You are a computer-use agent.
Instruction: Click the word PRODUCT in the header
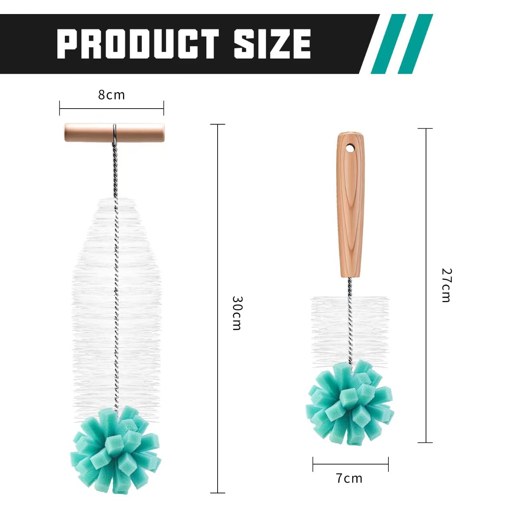coord(137,44)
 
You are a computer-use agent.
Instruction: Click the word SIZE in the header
coord(273,44)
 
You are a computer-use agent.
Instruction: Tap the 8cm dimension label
coord(111,95)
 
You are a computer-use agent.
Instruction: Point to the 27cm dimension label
coord(446,285)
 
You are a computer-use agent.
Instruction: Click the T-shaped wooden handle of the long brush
coord(114,132)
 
